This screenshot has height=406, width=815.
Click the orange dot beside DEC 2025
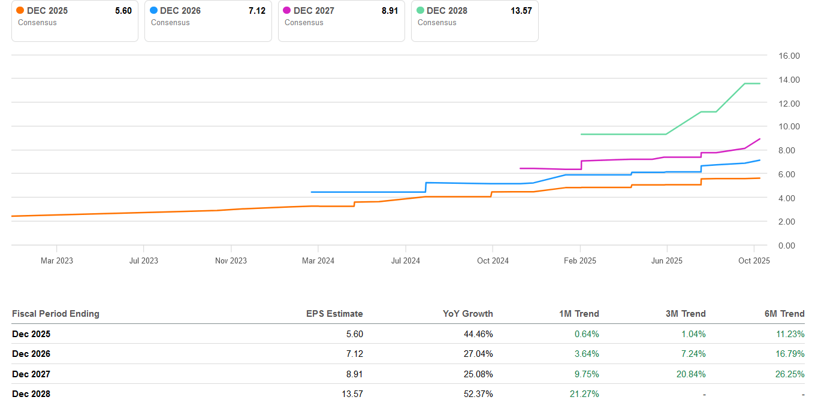(x=20, y=11)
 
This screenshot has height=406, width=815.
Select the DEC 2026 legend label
(x=180, y=11)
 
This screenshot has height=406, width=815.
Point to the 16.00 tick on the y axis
(x=789, y=56)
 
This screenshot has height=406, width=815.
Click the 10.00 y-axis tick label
(x=789, y=126)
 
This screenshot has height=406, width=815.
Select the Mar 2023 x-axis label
(x=56, y=260)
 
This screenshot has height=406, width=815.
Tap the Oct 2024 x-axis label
(x=493, y=260)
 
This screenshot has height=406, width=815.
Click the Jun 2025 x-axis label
(x=666, y=260)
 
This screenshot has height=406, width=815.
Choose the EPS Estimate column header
(x=334, y=314)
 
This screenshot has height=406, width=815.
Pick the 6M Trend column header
(x=784, y=314)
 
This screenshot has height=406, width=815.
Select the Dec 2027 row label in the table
(x=31, y=374)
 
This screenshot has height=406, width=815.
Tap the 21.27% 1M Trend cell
(x=584, y=394)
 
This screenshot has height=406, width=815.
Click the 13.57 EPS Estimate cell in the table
(x=351, y=394)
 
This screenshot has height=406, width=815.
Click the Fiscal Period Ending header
(x=56, y=314)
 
